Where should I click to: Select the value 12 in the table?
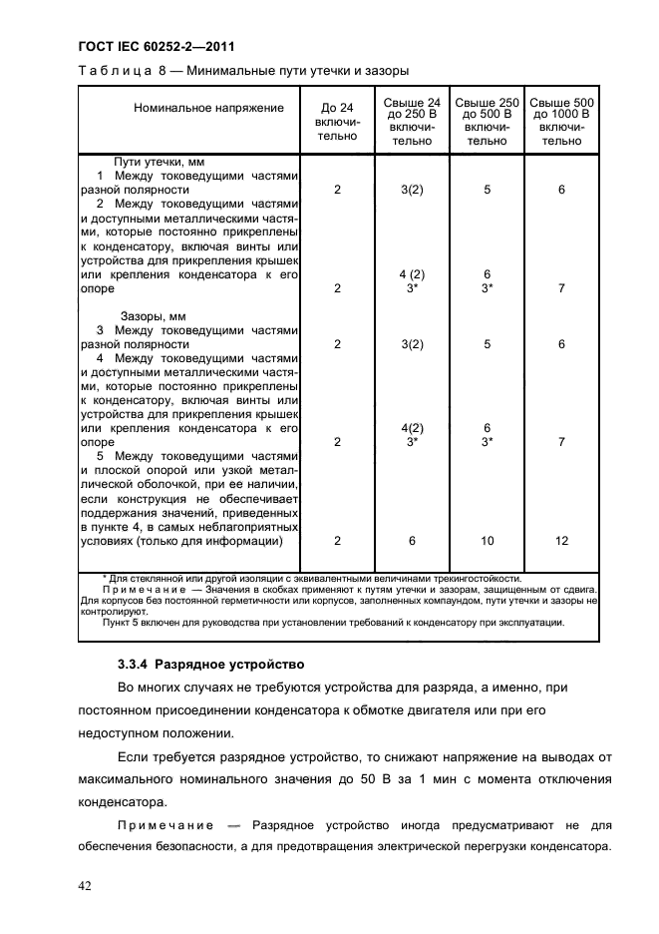click(x=561, y=540)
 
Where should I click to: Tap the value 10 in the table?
click(x=487, y=540)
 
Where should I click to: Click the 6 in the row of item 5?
click(x=412, y=540)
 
